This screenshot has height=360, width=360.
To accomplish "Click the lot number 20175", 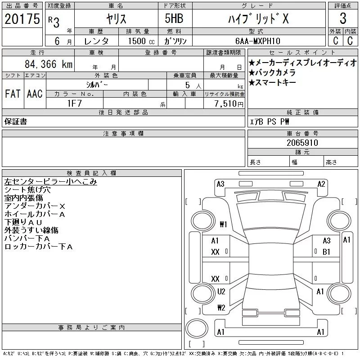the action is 22,19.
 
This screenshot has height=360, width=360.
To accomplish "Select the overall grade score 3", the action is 343,18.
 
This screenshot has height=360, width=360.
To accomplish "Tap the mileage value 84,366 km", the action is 49,64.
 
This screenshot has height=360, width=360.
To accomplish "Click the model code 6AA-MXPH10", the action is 258,41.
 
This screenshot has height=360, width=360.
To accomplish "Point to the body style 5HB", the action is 174,18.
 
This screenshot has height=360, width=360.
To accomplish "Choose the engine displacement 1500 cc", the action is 141,41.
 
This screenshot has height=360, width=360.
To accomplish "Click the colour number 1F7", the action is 74,103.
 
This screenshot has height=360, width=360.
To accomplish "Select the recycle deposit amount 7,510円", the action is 229,104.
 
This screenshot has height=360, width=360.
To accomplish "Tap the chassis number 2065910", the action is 302,143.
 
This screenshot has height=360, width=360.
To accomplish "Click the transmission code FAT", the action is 13,94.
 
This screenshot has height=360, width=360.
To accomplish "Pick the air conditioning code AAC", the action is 35,94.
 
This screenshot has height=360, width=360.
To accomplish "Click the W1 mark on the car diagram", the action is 223,224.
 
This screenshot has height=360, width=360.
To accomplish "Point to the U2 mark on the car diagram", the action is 221,292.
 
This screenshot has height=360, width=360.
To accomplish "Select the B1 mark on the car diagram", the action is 326,252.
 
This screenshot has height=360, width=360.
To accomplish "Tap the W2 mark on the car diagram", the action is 221,308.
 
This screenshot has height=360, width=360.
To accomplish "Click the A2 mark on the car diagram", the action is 321,184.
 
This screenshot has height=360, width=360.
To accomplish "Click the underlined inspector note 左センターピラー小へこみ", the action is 50,182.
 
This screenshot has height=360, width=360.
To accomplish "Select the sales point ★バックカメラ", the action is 272,72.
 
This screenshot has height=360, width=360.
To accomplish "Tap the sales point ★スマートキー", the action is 272,82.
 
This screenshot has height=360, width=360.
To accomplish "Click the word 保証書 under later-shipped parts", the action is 16,121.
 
